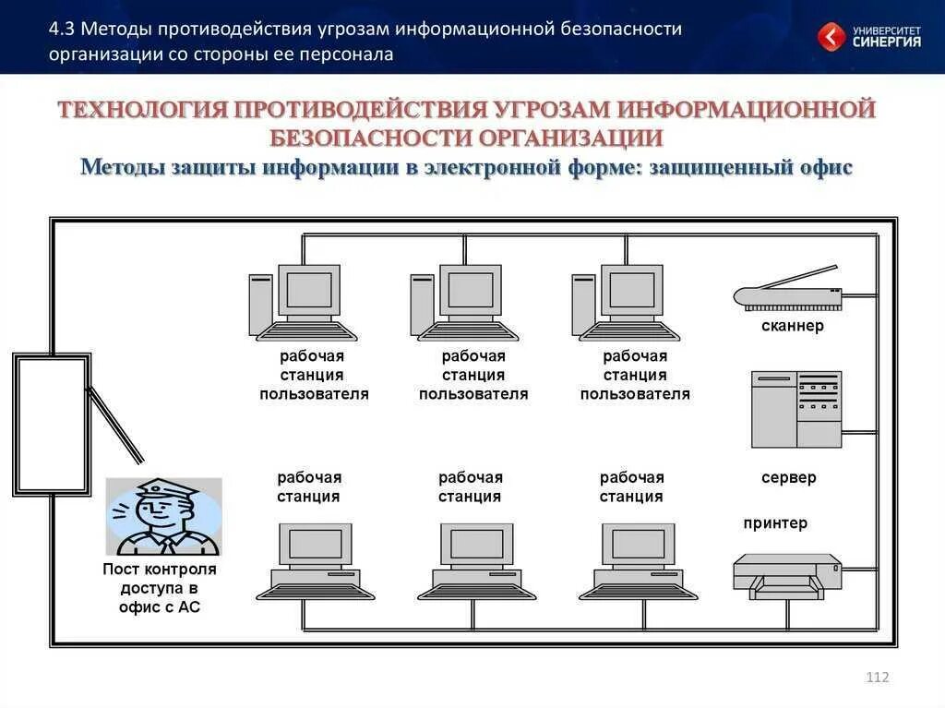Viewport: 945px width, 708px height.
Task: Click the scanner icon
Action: click(787, 294)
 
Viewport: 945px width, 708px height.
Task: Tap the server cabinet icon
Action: click(795, 409)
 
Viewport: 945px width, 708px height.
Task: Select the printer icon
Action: click(787, 575)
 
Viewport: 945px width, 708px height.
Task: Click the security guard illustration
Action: click(163, 516)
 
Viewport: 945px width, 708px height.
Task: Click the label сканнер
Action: click(793, 326)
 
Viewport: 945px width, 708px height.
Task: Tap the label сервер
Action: click(788, 477)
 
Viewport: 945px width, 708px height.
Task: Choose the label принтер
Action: click(775, 523)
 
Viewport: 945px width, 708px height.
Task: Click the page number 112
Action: click(878, 678)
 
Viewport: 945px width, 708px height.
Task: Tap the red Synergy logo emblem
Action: click(831, 37)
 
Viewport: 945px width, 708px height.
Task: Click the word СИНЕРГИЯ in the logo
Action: click(886, 42)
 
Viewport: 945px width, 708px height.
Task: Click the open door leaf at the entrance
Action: click(115, 425)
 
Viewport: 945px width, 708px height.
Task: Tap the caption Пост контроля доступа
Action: click(160, 579)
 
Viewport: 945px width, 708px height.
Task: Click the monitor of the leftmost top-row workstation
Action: click(309, 291)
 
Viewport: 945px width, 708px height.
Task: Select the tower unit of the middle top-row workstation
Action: click(423, 305)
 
